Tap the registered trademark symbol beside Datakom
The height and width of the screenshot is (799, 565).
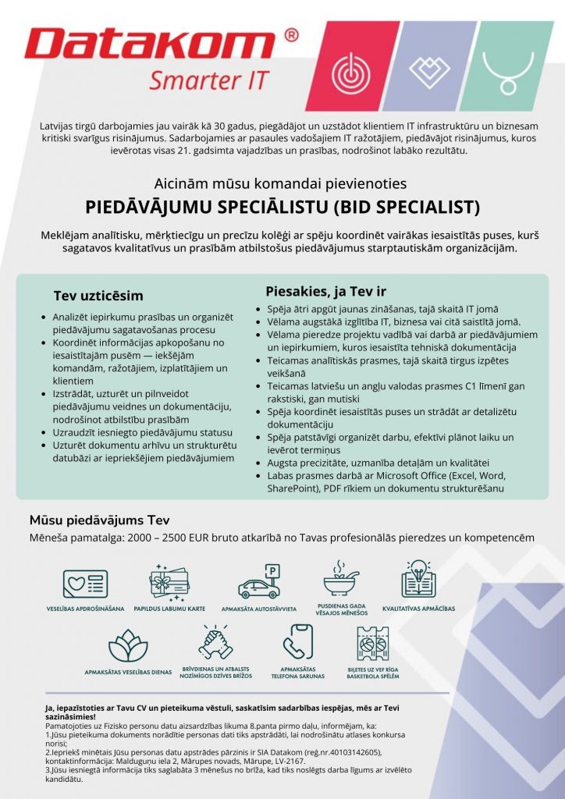[x=290, y=35]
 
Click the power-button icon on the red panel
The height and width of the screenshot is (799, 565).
[x=349, y=73]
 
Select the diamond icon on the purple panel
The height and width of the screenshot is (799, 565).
[x=428, y=71]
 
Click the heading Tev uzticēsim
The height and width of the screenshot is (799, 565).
[x=98, y=296]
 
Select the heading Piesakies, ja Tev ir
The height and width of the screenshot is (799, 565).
[x=325, y=291]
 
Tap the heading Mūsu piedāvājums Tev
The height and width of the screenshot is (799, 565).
[x=99, y=520]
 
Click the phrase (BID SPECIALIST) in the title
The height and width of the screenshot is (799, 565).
[x=407, y=208]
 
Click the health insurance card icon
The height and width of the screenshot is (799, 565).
[x=86, y=584]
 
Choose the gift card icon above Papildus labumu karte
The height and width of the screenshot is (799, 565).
[x=169, y=581]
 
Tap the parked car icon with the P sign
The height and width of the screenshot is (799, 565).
[x=258, y=582]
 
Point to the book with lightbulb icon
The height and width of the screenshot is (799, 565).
[x=418, y=579]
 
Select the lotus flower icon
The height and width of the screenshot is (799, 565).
[x=128, y=645]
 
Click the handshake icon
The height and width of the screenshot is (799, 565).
[x=215, y=643]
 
